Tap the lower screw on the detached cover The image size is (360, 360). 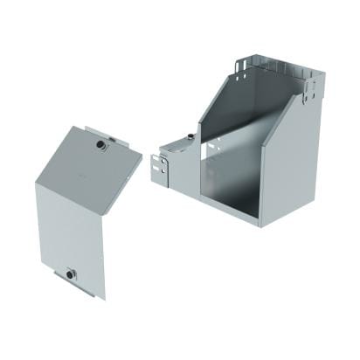tap(69, 275)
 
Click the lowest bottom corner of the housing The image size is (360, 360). tap(261, 225)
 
